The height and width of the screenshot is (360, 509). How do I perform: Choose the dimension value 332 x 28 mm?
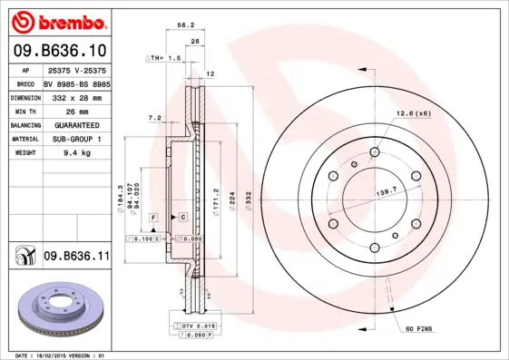coord(73,96)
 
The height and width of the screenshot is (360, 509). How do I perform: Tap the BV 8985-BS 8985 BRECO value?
coord(76,83)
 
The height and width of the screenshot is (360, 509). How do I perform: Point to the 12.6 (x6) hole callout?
coord(414,112)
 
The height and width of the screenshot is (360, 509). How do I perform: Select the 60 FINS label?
coord(419,327)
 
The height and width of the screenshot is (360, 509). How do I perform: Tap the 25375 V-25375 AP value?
coord(76,70)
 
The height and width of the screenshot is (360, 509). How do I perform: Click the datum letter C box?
coord(181,219)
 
